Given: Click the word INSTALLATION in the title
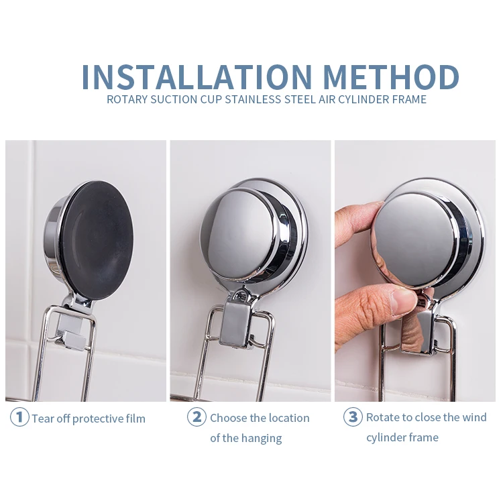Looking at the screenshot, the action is click(x=197, y=77).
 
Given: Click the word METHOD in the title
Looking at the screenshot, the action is click(x=392, y=77).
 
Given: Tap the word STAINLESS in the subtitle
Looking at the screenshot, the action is click(x=253, y=99).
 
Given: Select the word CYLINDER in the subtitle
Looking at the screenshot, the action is click(x=364, y=99).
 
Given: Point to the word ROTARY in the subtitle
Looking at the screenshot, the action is click(x=127, y=99).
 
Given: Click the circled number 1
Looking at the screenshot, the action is click(x=19, y=417).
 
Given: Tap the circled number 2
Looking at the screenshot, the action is click(x=197, y=417).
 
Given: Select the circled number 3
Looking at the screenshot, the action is click(x=353, y=417).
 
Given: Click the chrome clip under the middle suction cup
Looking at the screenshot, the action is click(x=237, y=324).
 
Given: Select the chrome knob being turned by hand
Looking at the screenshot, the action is click(x=417, y=237).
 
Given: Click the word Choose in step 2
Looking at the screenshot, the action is click(x=229, y=418).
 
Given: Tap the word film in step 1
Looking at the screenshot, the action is click(x=135, y=419).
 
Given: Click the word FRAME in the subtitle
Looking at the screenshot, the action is click(x=409, y=99).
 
